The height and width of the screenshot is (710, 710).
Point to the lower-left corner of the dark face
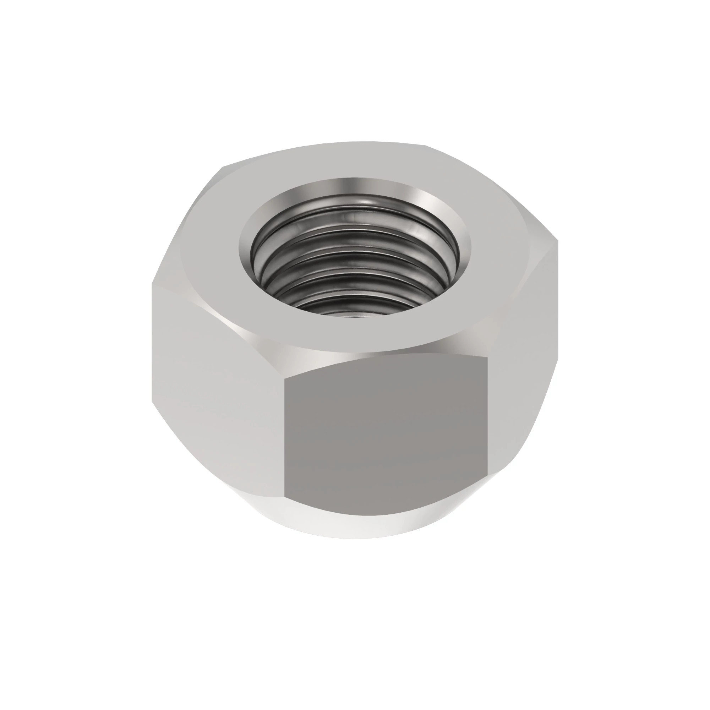[285, 497]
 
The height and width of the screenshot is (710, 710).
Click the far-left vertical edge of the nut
[152, 342]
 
